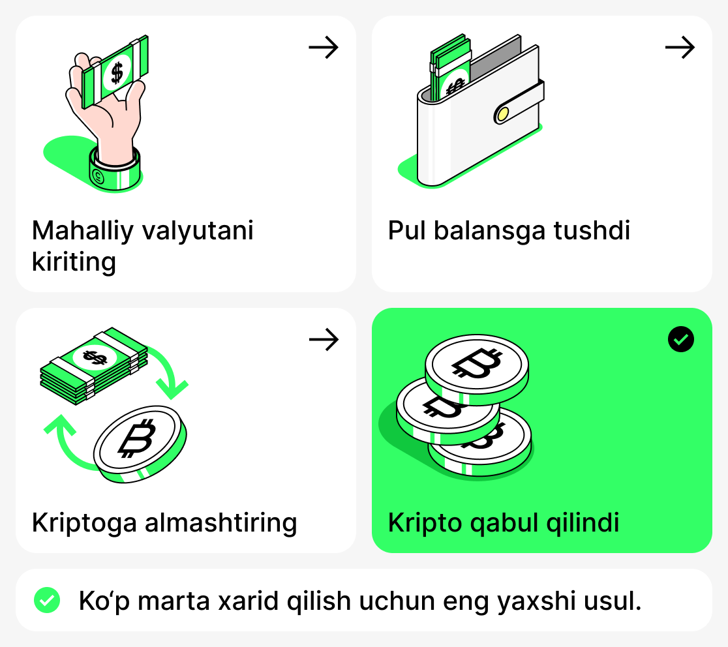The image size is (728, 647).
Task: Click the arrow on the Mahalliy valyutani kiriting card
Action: point(324,48)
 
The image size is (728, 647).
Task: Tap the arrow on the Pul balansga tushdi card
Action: point(680,48)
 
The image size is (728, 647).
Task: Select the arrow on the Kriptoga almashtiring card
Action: point(324,339)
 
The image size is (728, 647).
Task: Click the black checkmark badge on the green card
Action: point(681,339)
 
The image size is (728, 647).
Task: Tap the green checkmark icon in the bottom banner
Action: point(47,601)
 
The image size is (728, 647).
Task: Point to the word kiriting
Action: point(74,262)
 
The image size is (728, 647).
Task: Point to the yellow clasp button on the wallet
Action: point(502,114)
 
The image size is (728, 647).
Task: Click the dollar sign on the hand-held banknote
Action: point(116,72)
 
